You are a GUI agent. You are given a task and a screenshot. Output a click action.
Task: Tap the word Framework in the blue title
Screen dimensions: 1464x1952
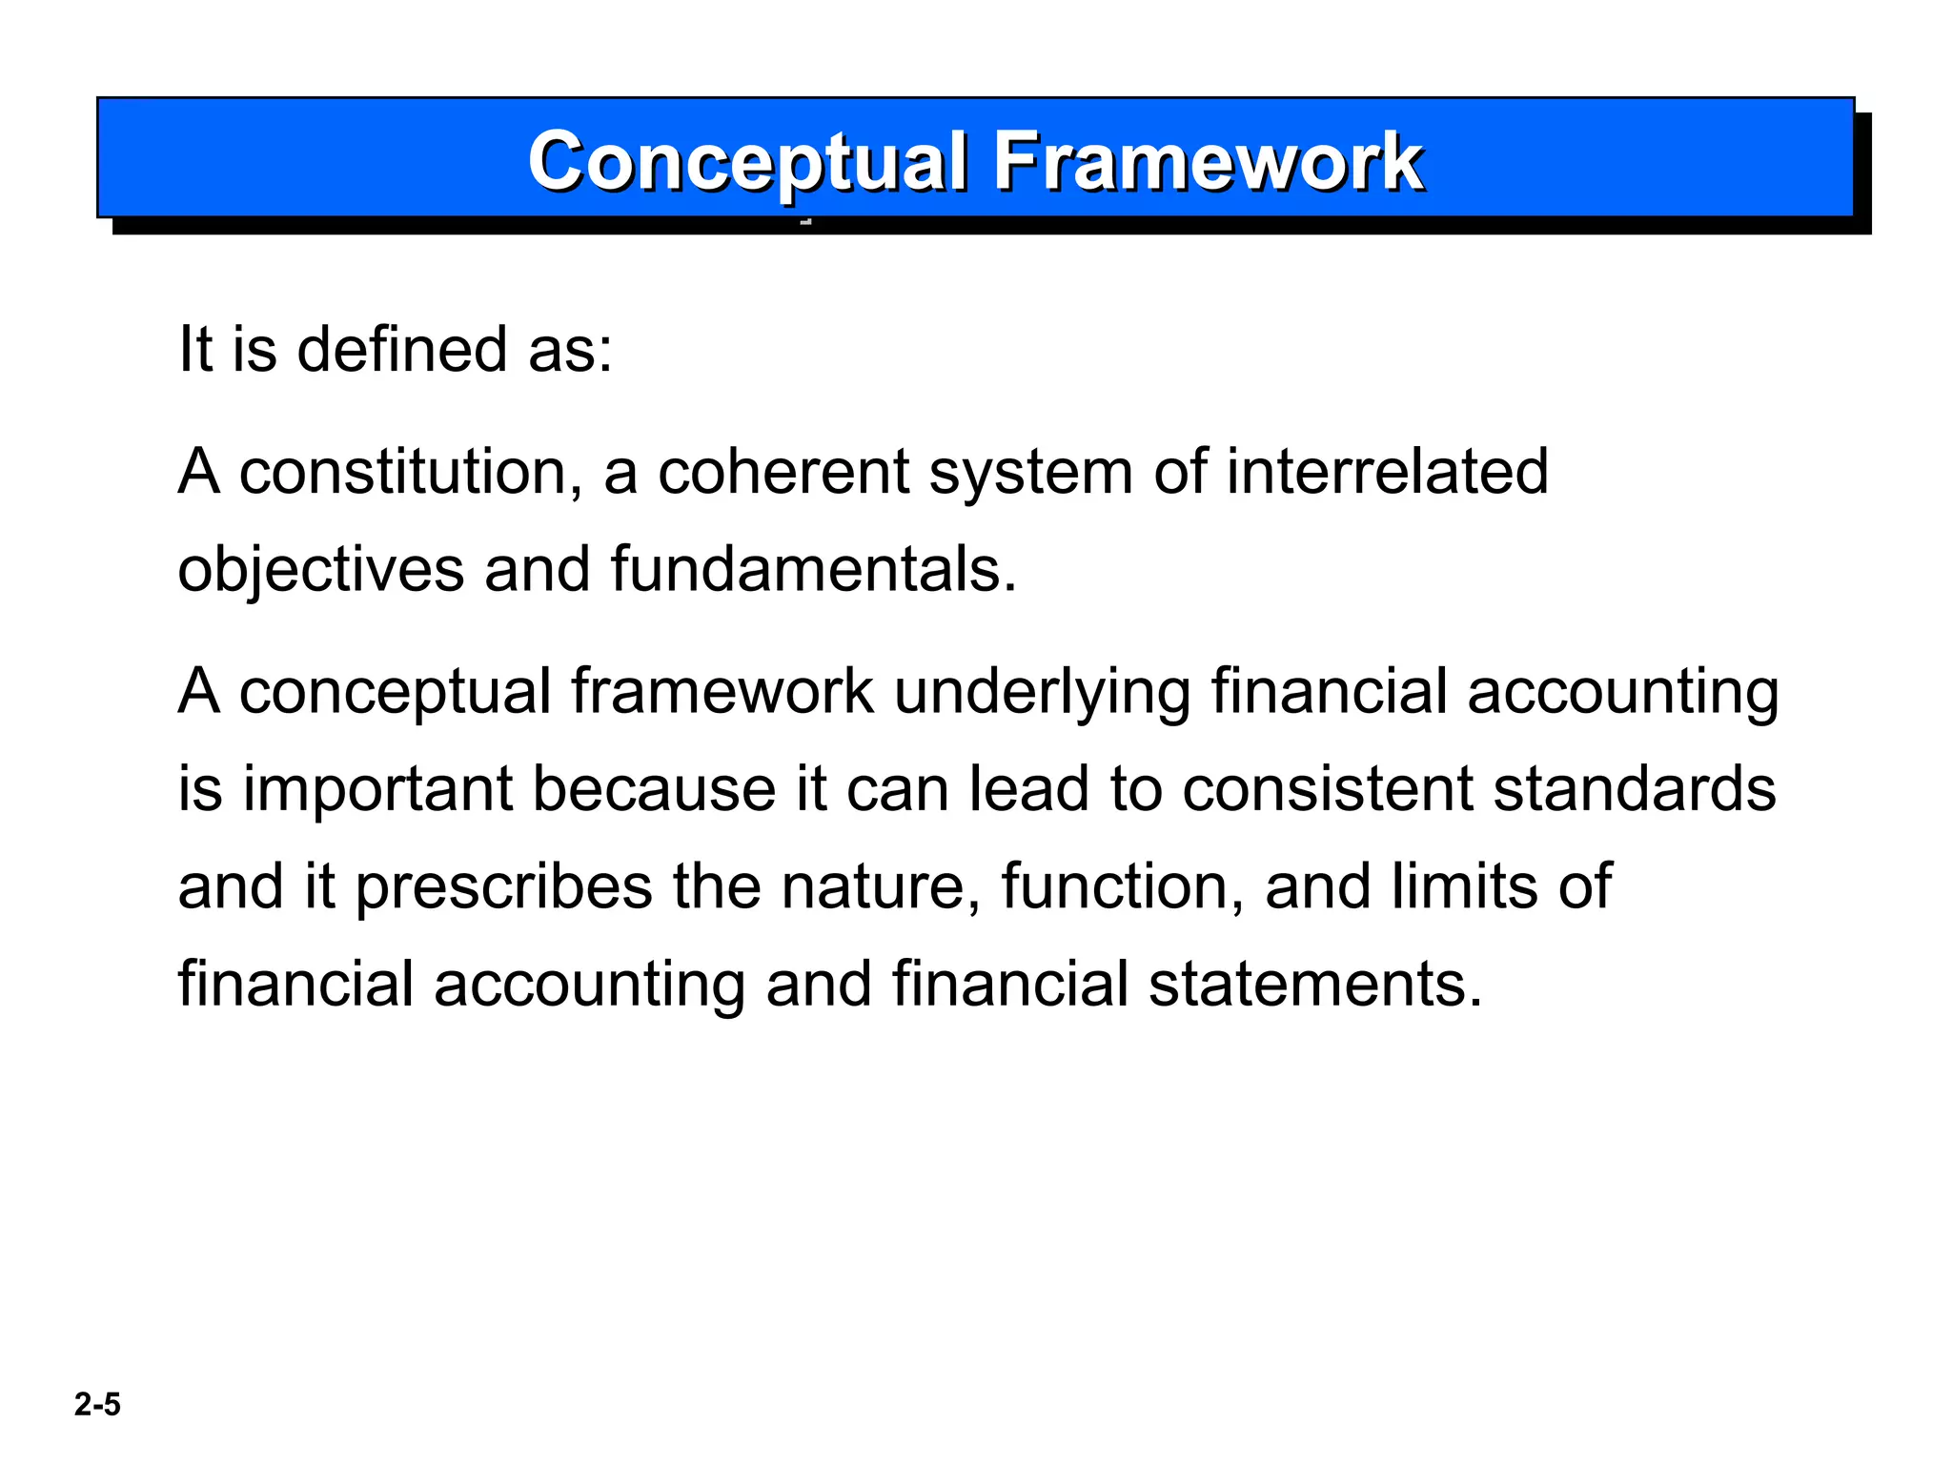click(x=1208, y=161)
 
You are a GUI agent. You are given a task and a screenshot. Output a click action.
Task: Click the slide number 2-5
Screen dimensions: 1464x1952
click(x=97, y=1405)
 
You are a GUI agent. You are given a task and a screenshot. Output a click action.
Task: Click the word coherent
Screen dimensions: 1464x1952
click(x=783, y=472)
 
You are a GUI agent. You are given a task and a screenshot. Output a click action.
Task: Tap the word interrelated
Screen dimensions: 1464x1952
click(x=1387, y=472)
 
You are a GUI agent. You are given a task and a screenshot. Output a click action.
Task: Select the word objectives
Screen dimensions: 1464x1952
click(x=320, y=570)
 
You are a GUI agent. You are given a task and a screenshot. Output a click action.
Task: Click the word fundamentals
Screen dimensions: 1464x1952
click(x=813, y=570)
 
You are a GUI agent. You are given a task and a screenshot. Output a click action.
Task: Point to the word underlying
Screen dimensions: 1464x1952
click(x=1042, y=692)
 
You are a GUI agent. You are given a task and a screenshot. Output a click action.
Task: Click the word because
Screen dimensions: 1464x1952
click(x=654, y=789)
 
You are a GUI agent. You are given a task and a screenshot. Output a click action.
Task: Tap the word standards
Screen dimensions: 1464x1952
click(x=1634, y=789)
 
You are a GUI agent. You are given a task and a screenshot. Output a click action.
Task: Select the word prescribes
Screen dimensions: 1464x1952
click(x=504, y=887)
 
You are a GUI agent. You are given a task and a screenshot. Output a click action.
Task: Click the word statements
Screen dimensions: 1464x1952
click(x=1315, y=985)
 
